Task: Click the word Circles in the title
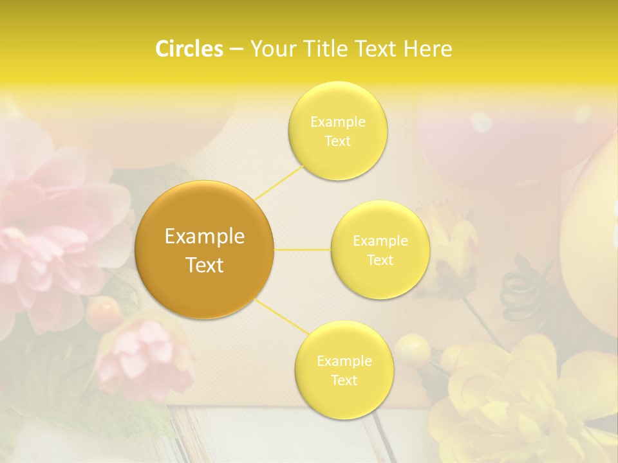(189, 49)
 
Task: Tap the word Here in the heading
(427, 49)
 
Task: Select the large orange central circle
(205, 250)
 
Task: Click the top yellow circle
(338, 131)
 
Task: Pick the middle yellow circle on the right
(380, 250)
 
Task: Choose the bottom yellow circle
(344, 370)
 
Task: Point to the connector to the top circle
(279, 181)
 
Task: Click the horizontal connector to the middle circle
(303, 250)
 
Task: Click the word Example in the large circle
(205, 237)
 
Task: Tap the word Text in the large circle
(205, 265)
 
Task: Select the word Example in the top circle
(338, 122)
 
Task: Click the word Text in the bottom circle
(344, 380)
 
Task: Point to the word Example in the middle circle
(380, 241)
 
